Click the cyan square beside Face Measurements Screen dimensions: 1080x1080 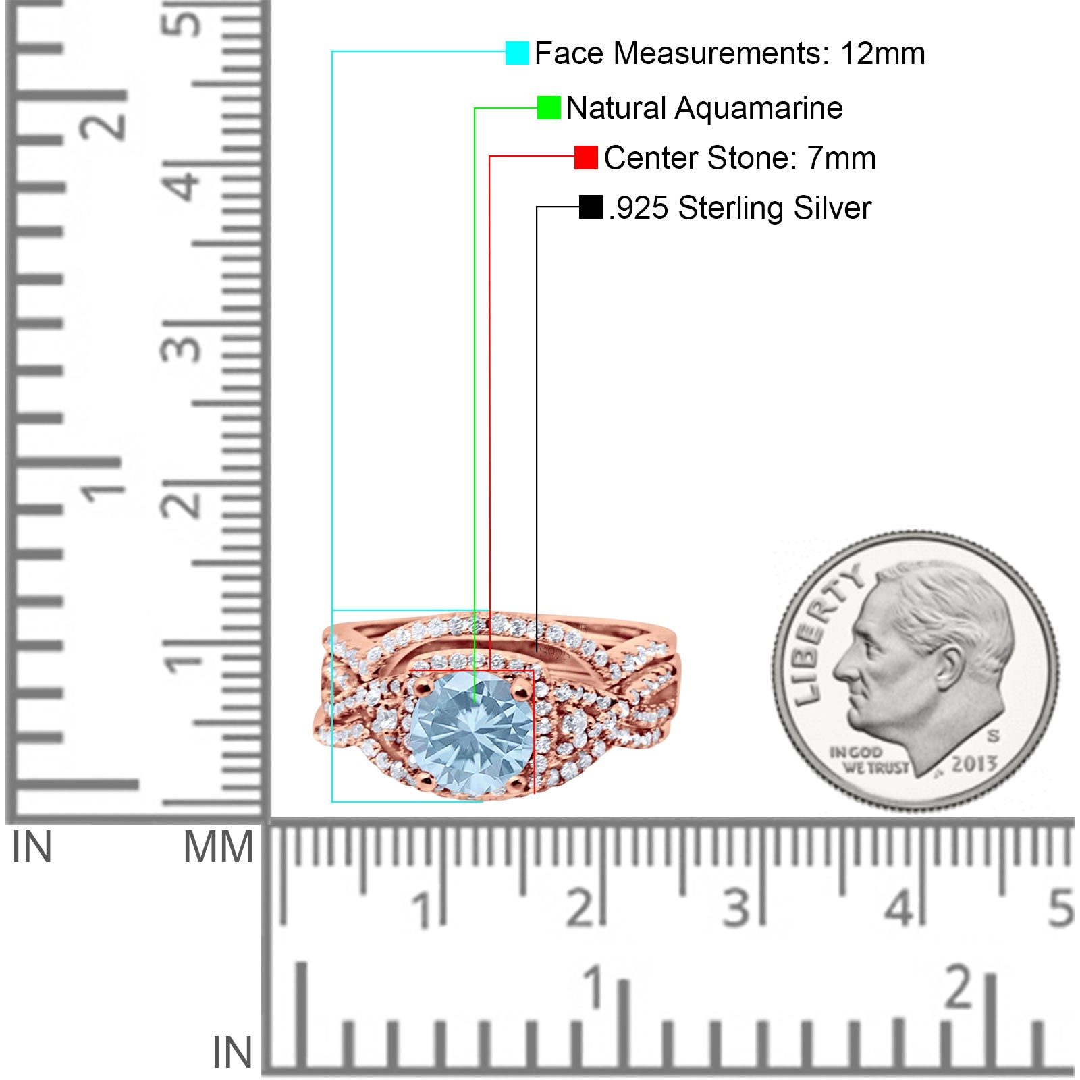tap(517, 53)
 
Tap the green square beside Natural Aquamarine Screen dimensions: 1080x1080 tap(549, 108)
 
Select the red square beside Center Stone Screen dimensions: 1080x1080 tap(586, 157)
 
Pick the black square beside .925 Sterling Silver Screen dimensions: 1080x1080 tap(591, 207)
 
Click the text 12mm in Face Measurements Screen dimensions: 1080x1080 tap(882, 53)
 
